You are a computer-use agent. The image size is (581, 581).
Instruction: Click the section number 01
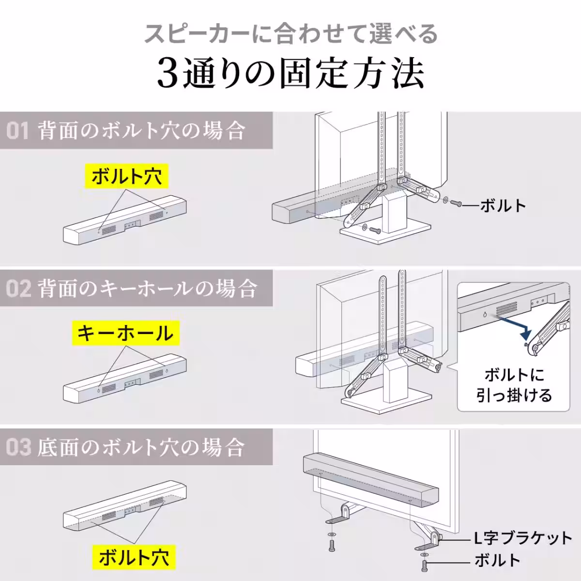17,131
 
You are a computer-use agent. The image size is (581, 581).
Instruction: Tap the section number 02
18,289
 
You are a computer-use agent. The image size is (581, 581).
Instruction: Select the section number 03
18,446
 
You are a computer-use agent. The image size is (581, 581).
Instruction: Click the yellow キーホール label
125,333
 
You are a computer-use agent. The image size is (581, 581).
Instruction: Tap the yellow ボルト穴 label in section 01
126,176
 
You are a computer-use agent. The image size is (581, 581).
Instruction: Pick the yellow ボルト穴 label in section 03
134,557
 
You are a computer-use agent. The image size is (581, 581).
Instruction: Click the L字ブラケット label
522,538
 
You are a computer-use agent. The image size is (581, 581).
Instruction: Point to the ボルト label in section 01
503,206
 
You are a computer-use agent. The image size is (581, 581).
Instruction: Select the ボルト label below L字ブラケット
497,561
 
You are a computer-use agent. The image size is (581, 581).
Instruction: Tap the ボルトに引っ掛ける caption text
514,385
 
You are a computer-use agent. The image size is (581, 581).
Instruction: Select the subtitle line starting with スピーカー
291,34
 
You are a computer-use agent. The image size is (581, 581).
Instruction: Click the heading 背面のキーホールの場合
147,289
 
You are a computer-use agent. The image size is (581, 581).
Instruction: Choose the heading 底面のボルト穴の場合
140,446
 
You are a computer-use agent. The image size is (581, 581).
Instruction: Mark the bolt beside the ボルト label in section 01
455,204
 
